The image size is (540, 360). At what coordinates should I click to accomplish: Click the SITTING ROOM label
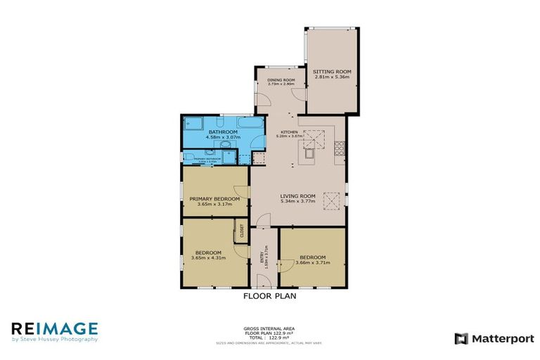tap(332, 72)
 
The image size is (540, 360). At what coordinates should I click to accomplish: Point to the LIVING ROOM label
tap(297, 196)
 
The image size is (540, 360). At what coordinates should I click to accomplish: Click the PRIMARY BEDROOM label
tap(214, 199)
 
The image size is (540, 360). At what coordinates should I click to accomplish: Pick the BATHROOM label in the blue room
tap(223, 132)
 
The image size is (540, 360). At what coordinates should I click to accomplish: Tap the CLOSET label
tap(241, 233)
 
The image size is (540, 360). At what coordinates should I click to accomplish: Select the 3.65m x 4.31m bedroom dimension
tap(208, 258)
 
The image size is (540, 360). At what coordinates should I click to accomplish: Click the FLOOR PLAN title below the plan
tap(270, 296)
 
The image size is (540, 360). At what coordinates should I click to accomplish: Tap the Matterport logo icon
tap(461, 338)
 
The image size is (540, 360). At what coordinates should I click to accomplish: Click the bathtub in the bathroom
tap(194, 129)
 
